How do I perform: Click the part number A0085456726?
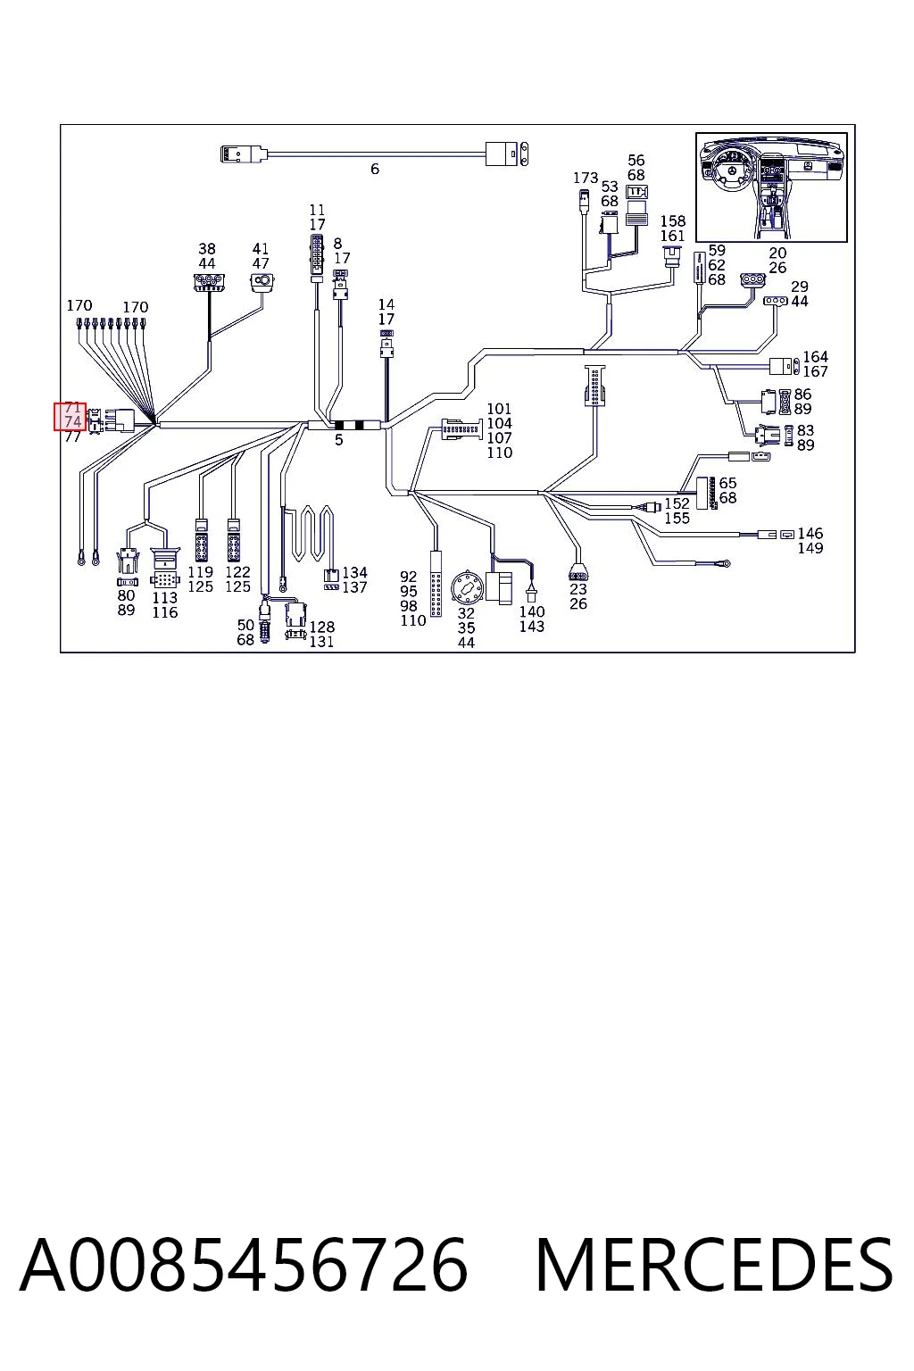(x=244, y=1265)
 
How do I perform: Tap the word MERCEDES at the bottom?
(x=714, y=1265)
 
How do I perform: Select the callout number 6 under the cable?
(x=375, y=169)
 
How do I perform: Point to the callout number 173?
(x=586, y=178)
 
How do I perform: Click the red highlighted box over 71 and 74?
(x=70, y=416)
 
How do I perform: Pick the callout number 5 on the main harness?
(x=338, y=439)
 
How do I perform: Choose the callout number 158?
(x=673, y=221)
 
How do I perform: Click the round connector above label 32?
(x=467, y=588)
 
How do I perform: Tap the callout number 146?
(x=810, y=533)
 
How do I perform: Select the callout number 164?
(x=815, y=356)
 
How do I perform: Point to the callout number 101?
(x=499, y=408)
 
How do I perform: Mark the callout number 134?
(x=354, y=572)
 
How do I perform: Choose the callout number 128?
(x=322, y=627)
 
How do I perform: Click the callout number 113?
(x=164, y=597)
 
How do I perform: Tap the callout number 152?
(x=677, y=503)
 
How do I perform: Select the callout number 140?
(x=531, y=611)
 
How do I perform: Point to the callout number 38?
(x=207, y=248)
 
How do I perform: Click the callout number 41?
(x=260, y=248)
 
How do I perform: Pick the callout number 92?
(x=408, y=577)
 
